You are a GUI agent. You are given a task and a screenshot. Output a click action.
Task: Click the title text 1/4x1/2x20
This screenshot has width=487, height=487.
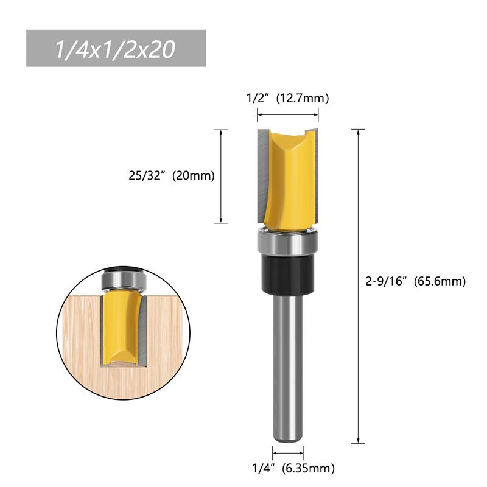pyautogui.click(x=115, y=49)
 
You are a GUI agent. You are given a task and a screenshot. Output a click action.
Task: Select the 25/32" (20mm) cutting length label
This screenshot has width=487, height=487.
pyautogui.click(x=172, y=176)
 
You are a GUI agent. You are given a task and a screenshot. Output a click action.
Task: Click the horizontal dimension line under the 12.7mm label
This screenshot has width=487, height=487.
pyautogui.click(x=287, y=114)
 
